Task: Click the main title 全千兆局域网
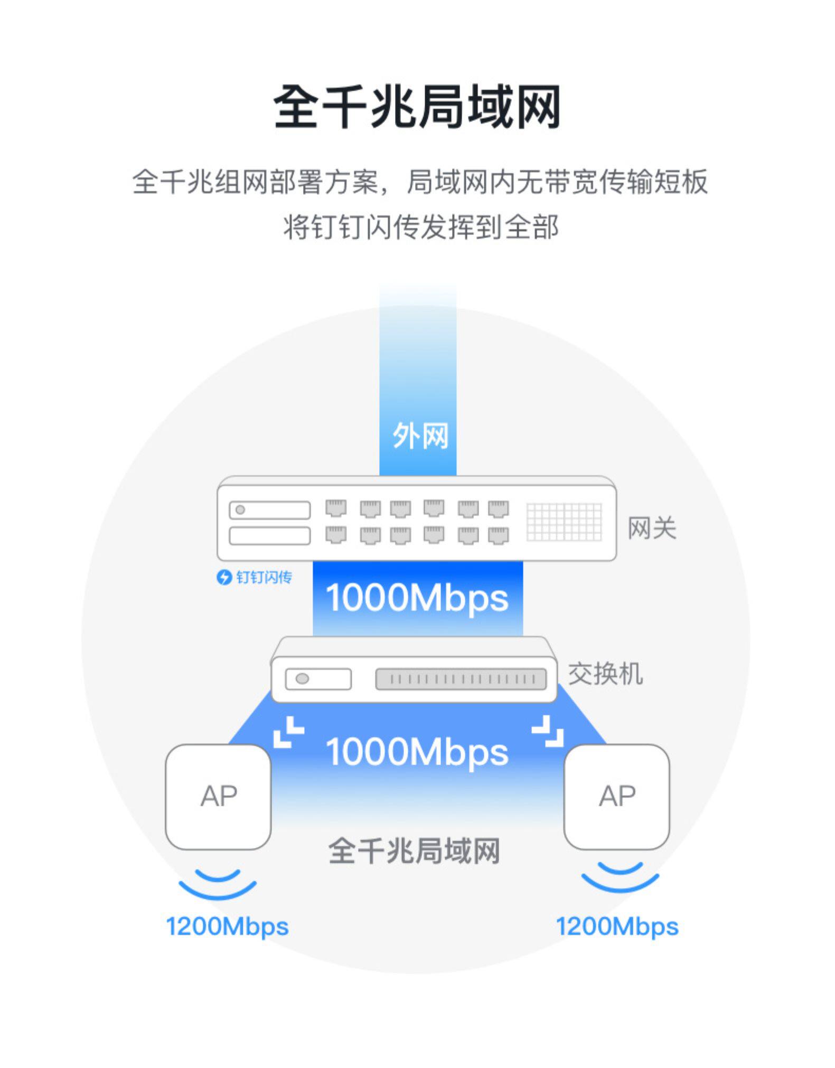417,107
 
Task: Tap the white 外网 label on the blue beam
420,436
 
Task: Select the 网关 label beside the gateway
652,528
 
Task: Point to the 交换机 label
605,674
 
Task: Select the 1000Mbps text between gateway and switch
417,598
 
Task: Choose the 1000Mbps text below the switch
417,752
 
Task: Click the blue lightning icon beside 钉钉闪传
224,577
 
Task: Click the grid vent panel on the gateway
564,522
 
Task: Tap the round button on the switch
302,678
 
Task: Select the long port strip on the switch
461,679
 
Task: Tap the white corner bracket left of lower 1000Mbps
288,732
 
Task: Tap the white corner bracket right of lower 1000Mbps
548,731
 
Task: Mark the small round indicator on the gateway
240,509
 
